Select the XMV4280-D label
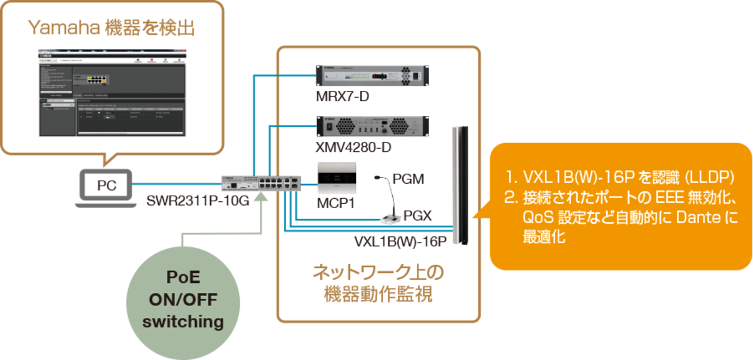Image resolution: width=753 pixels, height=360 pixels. click(x=354, y=148)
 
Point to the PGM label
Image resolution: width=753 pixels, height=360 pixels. click(x=409, y=179)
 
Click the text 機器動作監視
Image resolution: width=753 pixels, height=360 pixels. click(x=378, y=294)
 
